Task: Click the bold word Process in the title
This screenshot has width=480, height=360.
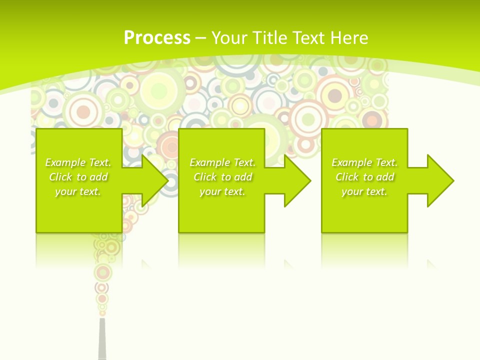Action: coord(157,38)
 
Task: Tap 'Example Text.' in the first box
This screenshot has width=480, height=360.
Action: coord(78,162)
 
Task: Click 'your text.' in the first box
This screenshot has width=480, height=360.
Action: coord(78,191)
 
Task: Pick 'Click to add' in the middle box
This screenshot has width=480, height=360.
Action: coord(222,177)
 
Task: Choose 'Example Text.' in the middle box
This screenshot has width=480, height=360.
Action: coord(222,162)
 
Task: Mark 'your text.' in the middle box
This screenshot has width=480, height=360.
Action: coord(222,191)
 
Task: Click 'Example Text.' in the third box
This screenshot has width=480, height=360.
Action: coord(364,162)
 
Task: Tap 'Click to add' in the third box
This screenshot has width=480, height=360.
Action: coord(364,177)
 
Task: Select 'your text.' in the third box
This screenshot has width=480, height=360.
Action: coord(364,191)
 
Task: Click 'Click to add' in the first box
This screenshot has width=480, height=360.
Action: coord(78,177)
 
